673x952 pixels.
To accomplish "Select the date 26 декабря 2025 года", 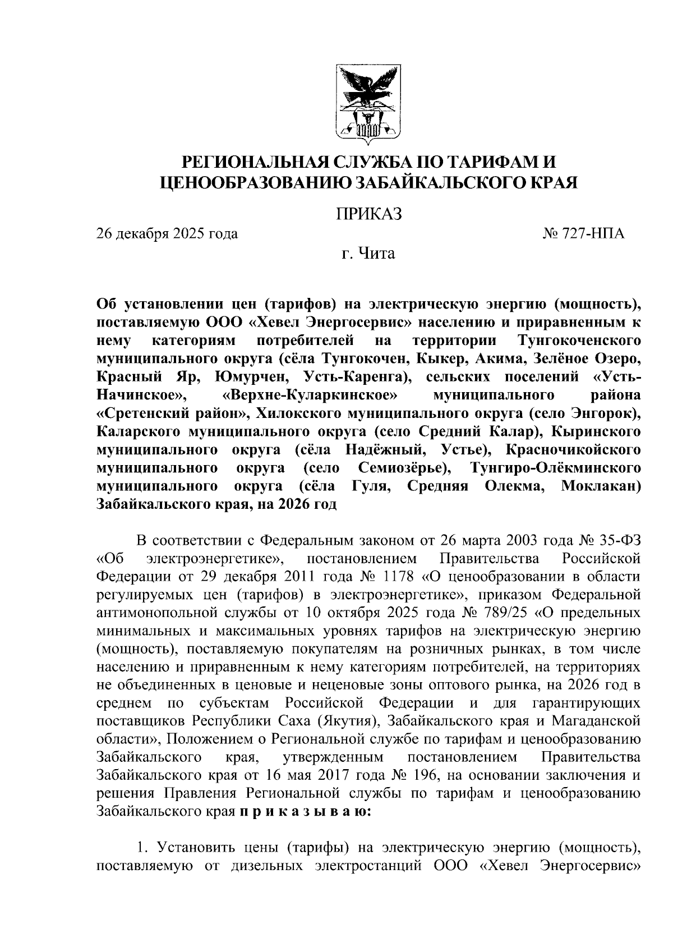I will click(x=167, y=233).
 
